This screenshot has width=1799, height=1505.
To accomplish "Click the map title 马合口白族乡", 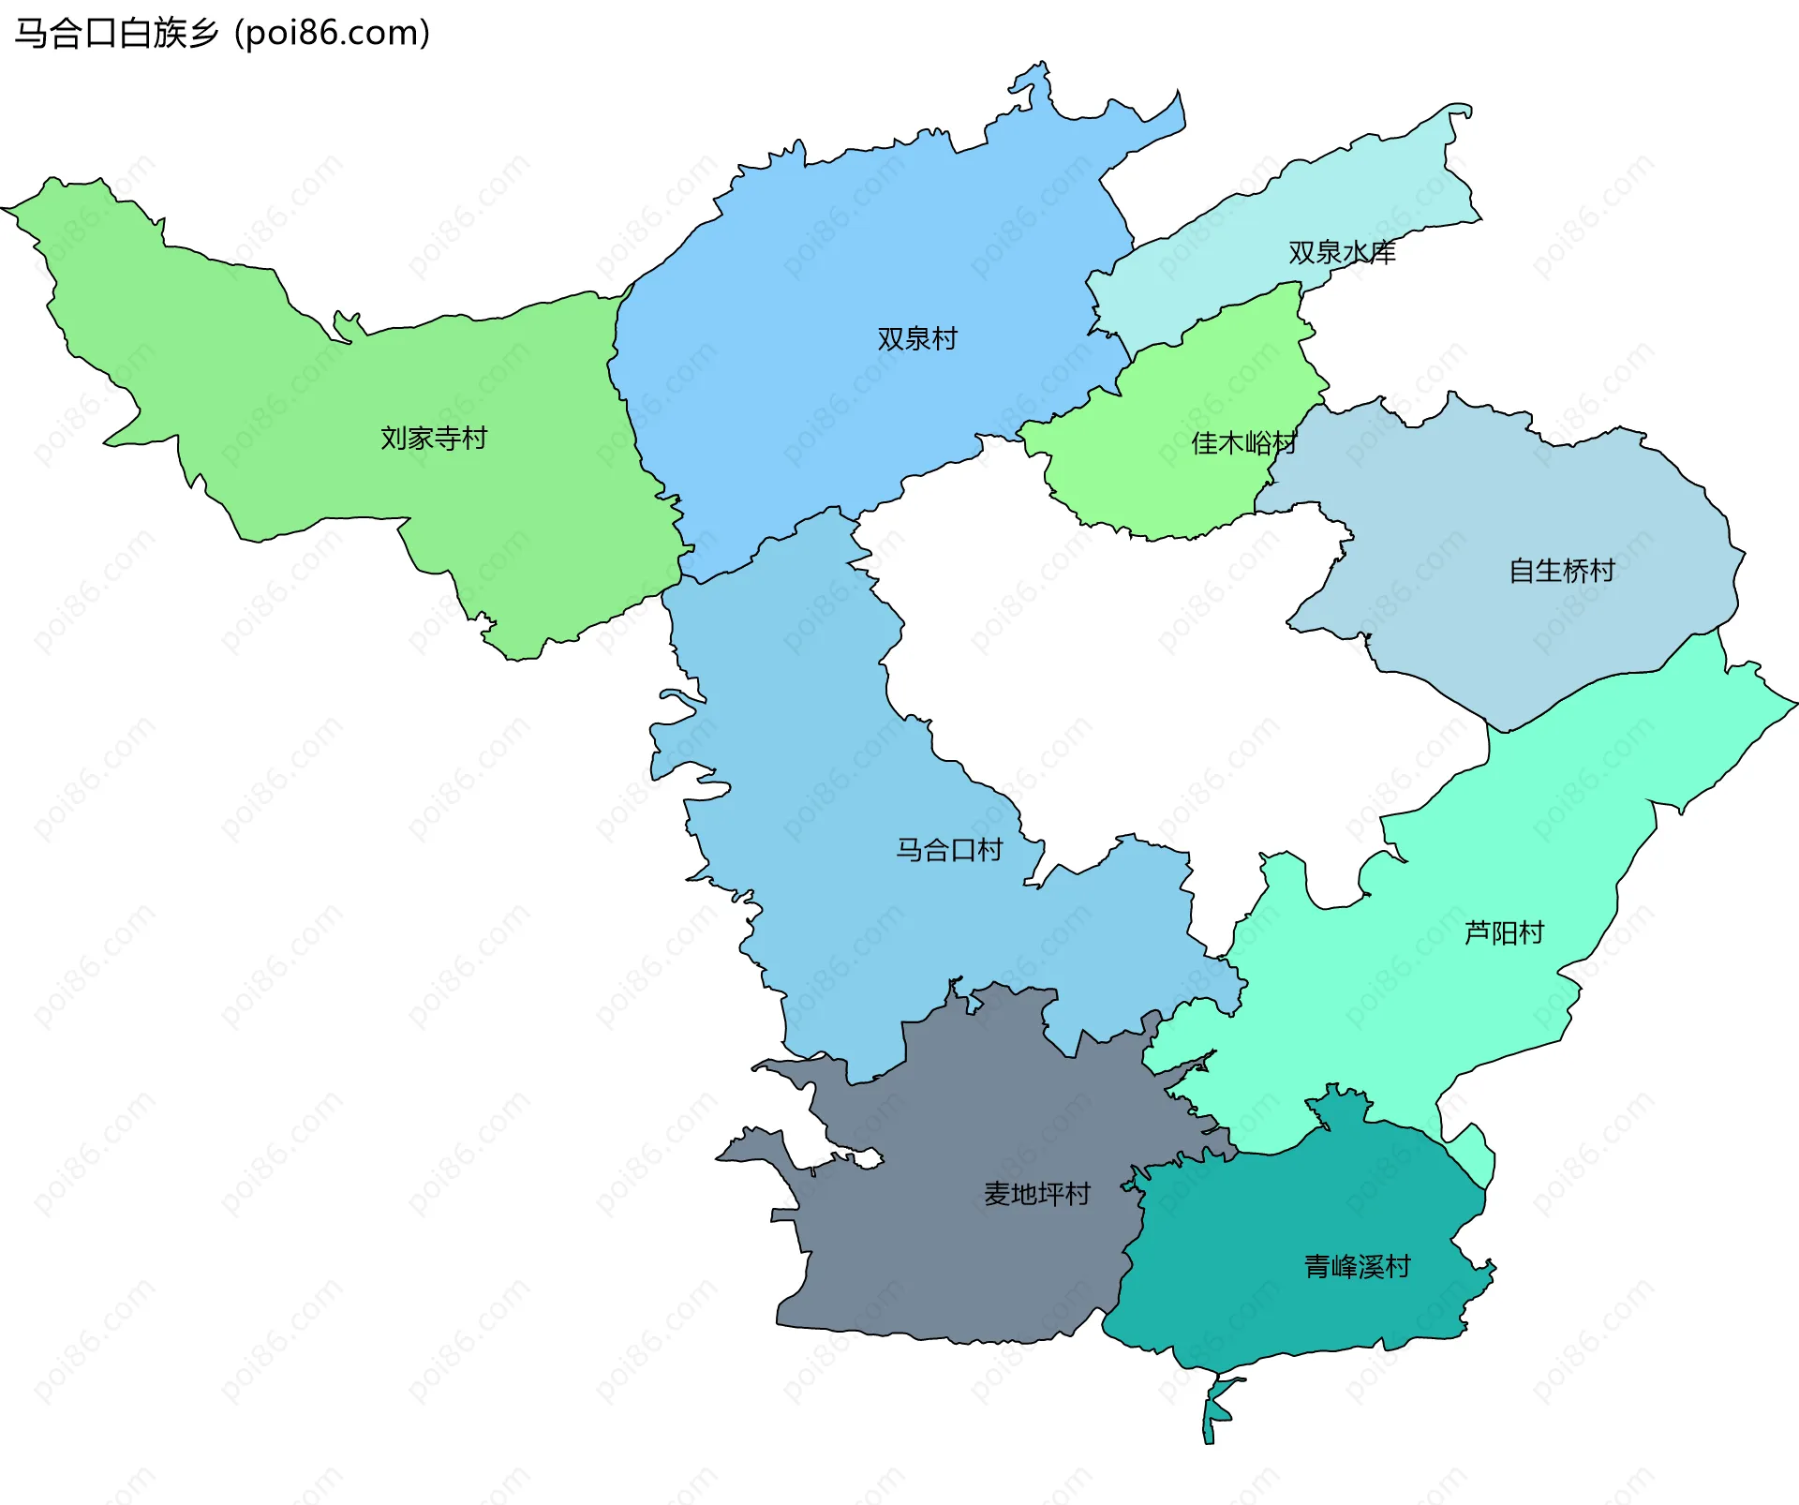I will point(116,34).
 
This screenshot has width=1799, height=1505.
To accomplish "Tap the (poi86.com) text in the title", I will point(332,34).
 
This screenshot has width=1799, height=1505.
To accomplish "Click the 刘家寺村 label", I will point(434,438).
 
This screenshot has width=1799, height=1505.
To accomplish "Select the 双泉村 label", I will point(917,338).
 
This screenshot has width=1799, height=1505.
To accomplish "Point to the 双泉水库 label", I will point(1342,252).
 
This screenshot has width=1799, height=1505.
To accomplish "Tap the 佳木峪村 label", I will point(1243,442).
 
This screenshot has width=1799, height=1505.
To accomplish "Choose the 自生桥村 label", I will point(1562,570).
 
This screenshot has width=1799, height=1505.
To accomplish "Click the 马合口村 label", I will point(949,849).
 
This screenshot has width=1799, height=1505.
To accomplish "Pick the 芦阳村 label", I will point(1504,932).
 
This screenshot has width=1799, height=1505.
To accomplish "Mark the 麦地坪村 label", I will point(1037,1193).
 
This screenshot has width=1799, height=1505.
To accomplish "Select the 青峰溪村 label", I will point(1358,1266).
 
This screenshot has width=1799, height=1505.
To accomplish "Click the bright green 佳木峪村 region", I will point(1171,487).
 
